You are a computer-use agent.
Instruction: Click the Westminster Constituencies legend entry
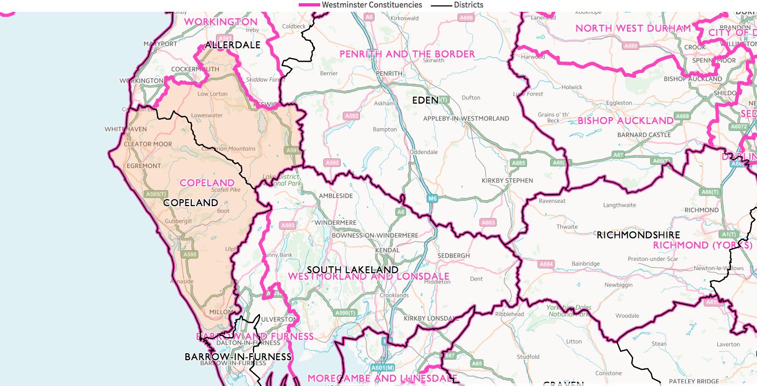[x=361, y=5]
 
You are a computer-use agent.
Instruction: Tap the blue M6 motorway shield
[x=432, y=199]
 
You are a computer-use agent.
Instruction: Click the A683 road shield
[x=488, y=222]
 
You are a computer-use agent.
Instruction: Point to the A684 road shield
[x=546, y=264]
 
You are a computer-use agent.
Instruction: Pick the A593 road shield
[x=288, y=226]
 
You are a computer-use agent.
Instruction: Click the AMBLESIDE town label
[x=336, y=196]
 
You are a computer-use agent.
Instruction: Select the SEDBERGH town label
[x=453, y=256]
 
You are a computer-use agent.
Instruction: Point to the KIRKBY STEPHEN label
[x=507, y=181]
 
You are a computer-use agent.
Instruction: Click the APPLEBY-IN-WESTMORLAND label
[x=466, y=118]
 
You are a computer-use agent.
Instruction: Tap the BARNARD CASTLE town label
[x=644, y=135]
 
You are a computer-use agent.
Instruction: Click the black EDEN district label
[x=425, y=100]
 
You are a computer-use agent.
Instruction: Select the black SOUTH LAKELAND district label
[x=352, y=270]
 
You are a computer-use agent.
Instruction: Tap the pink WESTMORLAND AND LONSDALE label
[x=369, y=276]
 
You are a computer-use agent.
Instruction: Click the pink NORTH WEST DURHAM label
[x=633, y=28]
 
